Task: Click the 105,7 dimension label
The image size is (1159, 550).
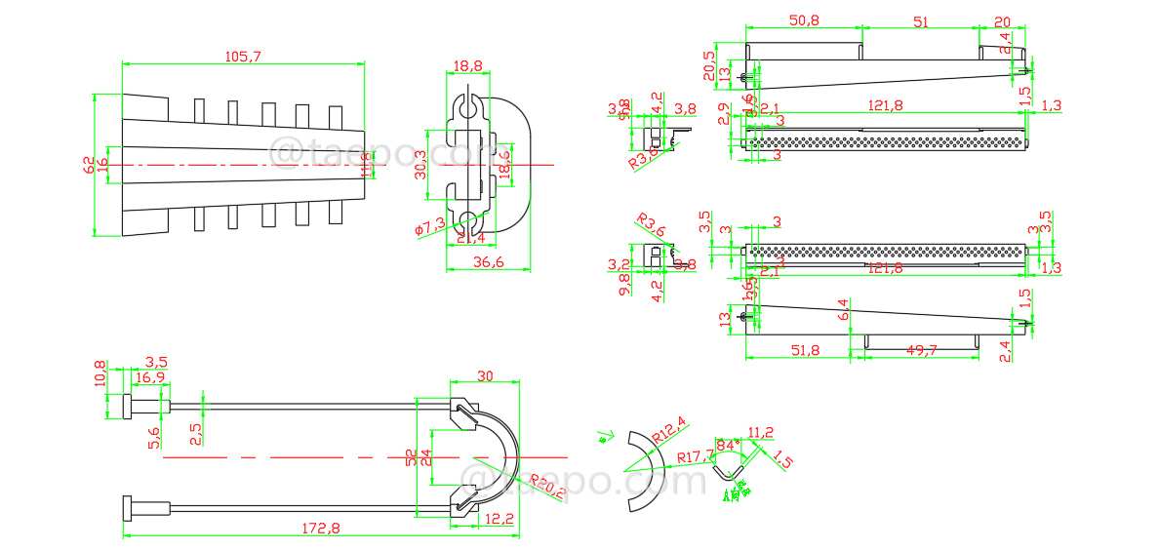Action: click(243, 57)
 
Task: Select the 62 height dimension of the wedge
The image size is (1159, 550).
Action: click(88, 165)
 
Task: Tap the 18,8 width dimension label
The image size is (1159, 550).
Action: click(467, 66)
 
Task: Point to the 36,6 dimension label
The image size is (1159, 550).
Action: click(487, 261)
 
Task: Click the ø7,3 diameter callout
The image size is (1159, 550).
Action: click(429, 227)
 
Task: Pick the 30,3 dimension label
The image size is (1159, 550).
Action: click(420, 163)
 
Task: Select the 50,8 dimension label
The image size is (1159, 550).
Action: click(804, 20)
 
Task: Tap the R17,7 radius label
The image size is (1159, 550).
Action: click(695, 456)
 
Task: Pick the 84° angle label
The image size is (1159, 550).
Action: click(727, 446)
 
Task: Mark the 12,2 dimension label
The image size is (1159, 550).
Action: click(500, 519)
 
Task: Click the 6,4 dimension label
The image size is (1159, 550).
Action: click(844, 314)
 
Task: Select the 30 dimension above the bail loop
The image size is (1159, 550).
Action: click(486, 375)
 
